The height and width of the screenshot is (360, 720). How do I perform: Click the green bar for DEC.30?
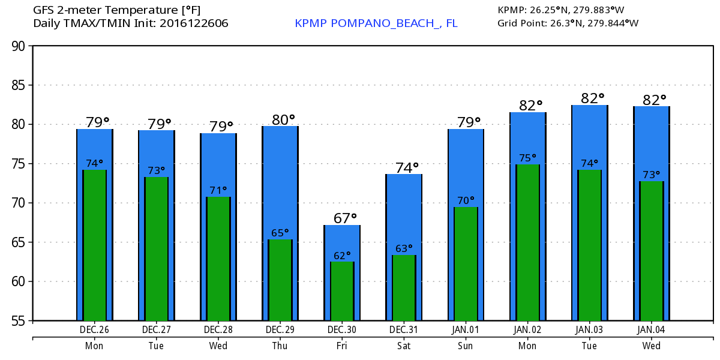pos(342,291)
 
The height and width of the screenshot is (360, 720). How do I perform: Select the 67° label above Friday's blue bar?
pos(345,218)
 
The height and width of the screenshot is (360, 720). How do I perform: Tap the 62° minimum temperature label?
pos(343,256)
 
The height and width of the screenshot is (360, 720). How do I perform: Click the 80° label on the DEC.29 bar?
pos(283,119)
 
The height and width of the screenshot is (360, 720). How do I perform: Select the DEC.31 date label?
pos(404,330)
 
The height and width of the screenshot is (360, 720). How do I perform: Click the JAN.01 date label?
pos(466,330)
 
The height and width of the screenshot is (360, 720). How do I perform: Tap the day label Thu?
pos(280,346)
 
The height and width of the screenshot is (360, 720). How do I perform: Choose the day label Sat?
pos(404,346)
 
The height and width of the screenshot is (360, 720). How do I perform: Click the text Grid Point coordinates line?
pos(568,23)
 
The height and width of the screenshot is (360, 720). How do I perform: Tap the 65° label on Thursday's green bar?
pos(280,233)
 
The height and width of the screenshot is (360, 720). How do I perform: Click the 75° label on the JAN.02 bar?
pos(528,158)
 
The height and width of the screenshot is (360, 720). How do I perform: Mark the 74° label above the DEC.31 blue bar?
pos(406,168)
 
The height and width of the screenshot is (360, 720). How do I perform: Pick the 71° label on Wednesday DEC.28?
pos(218,191)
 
